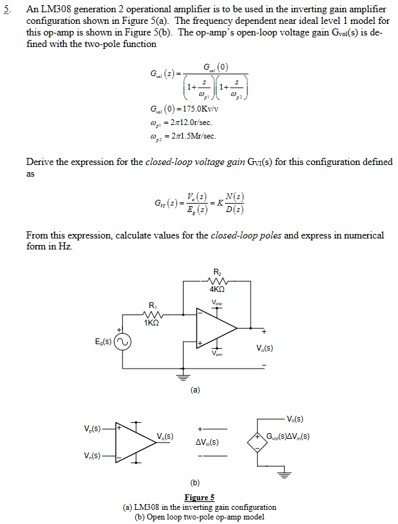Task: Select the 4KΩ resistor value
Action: [217, 290]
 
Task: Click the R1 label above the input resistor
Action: [152, 305]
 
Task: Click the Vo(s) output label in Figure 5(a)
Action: [265, 349]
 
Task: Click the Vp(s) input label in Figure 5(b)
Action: [92, 429]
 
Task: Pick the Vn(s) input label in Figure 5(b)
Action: [91, 456]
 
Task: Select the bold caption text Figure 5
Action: [199, 498]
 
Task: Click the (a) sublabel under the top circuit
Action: [195, 390]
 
